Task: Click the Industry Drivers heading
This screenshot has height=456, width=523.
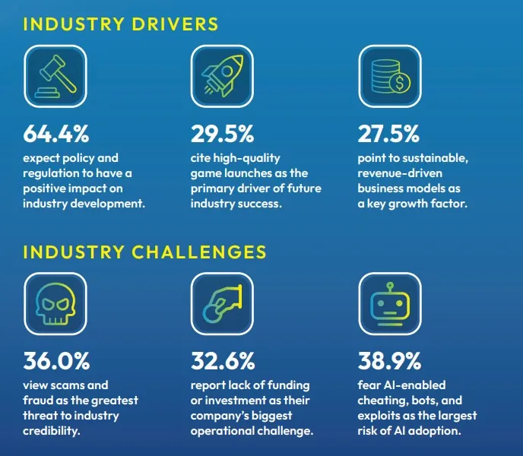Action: (x=121, y=24)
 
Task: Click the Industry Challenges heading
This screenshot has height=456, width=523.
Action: (x=145, y=252)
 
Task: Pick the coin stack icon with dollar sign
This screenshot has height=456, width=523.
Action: (x=388, y=75)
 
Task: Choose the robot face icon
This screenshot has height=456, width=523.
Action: (x=388, y=302)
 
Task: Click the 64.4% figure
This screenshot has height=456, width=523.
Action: (x=56, y=135)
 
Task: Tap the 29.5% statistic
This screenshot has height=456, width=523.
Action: (x=222, y=135)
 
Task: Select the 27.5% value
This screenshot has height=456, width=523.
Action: (x=388, y=135)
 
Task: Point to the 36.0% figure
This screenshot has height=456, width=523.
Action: (x=56, y=361)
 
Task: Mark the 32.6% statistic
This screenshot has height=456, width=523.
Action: (x=223, y=361)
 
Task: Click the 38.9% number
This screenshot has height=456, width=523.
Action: (x=389, y=361)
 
